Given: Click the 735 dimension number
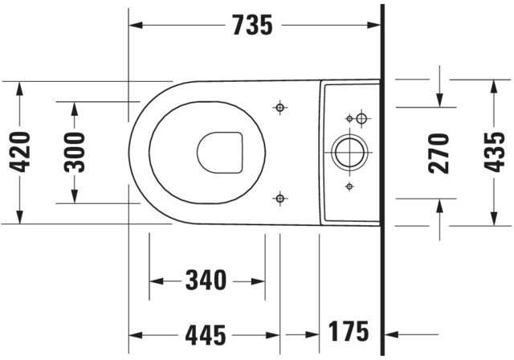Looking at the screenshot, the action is pyautogui.click(x=252, y=25).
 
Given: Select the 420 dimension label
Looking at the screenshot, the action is pyautogui.click(x=19, y=152).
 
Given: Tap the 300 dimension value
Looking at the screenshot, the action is pyautogui.click(x=75, y=153).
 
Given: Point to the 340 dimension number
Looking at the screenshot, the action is pyautogui.click(x=206, y=280).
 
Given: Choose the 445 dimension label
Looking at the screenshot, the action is pyautogui.click(x=206, y=335).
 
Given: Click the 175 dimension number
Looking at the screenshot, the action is pyautogui.click(x=349, y=332).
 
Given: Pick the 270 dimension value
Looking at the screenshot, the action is pyautogui.click(x=439, y=153).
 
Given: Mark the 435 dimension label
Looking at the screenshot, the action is pyautogui.click(x=495, y=152).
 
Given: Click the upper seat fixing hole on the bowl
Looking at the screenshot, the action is pyautogui.click(x=280, y=107).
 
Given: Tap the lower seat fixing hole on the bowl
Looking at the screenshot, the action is pyautogui.click(x=280, y=198).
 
